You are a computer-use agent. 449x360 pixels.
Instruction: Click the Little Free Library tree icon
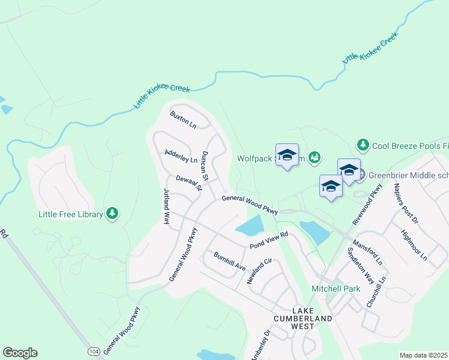[112, 213]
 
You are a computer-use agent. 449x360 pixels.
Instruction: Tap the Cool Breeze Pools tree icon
[363, 145]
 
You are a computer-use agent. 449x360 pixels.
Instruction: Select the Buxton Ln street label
[183, 119]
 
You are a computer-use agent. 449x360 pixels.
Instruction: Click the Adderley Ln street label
[181, 156]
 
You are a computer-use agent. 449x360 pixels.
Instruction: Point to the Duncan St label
[205, 166]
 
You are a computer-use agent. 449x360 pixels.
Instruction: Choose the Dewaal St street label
[189, 184]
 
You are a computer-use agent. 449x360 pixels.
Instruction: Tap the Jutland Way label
[167, 206]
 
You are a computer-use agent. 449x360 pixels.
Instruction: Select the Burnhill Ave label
[230, 260]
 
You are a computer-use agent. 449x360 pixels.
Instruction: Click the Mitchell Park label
[336, 289]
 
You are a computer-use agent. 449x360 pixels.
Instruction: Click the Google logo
[20, 353]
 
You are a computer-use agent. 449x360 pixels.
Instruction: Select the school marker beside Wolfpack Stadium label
[287, 155]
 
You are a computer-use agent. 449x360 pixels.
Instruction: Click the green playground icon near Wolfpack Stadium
[314, 158]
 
